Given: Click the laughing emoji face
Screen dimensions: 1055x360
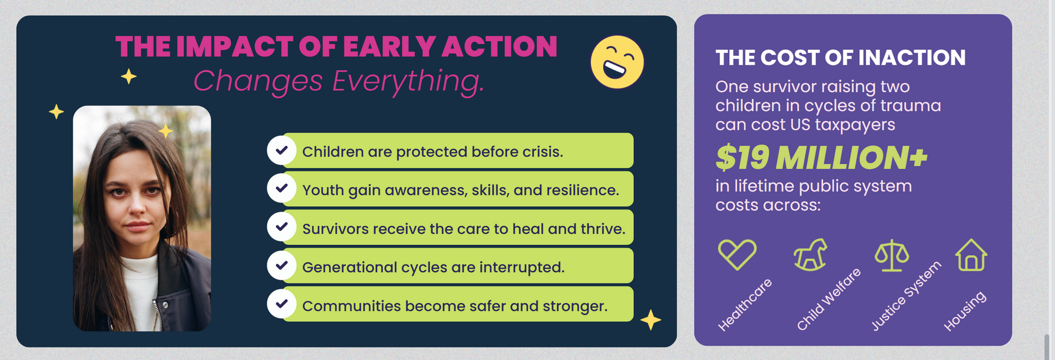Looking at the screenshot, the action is tap(617, 62).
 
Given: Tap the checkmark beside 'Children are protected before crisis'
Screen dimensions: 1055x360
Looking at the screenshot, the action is tap(282, 150).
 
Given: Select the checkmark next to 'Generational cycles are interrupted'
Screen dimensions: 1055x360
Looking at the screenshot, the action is tap(282, 265).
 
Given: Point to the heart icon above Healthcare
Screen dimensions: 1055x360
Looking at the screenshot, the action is tap(737, 254).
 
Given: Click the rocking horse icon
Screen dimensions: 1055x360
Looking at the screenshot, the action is tap(811, 254).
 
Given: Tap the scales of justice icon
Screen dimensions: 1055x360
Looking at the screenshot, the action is tap(891, 255).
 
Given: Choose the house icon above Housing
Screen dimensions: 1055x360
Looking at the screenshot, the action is tap(971, 255).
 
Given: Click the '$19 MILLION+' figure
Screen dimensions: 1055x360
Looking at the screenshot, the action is tap(821, 158).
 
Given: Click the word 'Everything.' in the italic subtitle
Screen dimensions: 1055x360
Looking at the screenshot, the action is tap(408, 81).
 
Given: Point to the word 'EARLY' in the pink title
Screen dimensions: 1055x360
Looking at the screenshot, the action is tap(388, 47).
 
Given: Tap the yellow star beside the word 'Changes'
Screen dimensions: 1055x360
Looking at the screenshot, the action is tap(128, 76).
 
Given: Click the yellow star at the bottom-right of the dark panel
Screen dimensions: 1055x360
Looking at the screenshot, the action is tap(651, 319).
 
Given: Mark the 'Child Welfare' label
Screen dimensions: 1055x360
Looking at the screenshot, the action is tap(828, 299).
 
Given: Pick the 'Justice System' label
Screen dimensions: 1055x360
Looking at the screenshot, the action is tap(906, 296).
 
